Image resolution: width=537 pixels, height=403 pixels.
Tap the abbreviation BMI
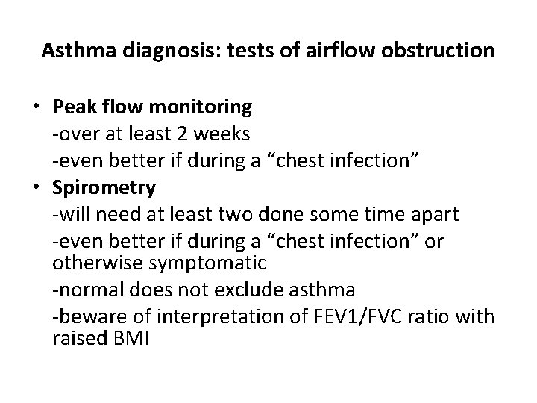coord(131,338)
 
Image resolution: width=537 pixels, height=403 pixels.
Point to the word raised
coord(79,338)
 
